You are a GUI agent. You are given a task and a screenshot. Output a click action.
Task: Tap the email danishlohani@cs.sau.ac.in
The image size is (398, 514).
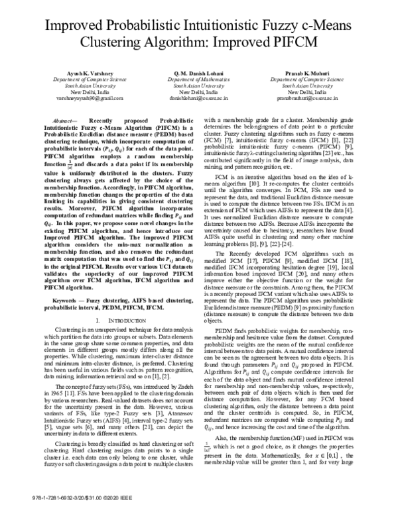coord(198,97)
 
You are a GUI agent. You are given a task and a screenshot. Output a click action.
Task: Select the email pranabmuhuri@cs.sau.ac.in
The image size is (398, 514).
coord(326,97)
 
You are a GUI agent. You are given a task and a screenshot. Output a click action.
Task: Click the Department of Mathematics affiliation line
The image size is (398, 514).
coord(198,79)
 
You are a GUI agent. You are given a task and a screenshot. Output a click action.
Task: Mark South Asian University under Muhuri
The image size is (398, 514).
coord(326,85)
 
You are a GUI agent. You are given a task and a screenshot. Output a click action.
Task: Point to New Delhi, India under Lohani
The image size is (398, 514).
coord(198,91)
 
